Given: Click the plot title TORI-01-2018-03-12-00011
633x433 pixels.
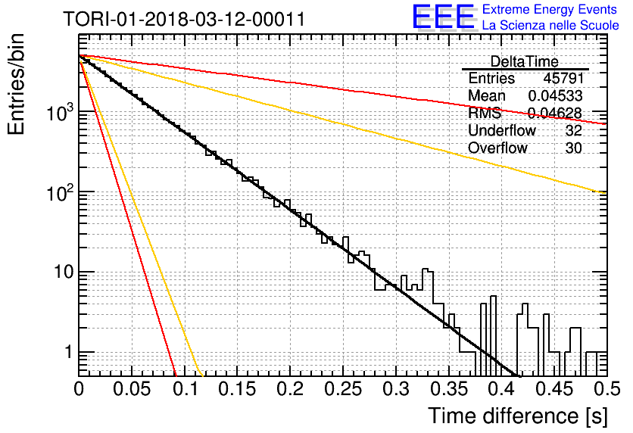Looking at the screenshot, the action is click(x=184, y=19).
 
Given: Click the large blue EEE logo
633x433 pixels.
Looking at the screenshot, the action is click(x=443, y=17).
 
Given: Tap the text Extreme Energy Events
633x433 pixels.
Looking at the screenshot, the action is click(x=550, y=9).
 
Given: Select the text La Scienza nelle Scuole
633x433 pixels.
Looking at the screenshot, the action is click(x=550, y=25).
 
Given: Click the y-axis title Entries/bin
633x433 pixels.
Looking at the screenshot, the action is click(x=17, y=84).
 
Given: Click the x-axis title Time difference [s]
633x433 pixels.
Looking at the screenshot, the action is click(x=518, y=416).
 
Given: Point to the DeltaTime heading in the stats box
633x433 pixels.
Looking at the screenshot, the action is click(x=524, y=61).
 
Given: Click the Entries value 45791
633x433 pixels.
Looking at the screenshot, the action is click(x=563, y=78).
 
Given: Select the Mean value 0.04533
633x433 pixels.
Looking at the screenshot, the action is click(x=555, y=95).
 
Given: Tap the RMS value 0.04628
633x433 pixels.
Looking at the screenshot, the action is click(x=555, y=113).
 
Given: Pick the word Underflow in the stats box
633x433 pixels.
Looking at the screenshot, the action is click(x=502, y=130).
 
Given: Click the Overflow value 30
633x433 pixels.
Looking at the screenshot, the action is click(x=573, y=148).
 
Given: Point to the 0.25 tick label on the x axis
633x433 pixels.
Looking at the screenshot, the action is click(x=343, y=389).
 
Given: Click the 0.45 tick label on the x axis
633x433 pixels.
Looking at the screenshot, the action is click(x=554, y=389).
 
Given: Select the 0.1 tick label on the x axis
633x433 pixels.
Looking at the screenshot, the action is click(x=186, y=389).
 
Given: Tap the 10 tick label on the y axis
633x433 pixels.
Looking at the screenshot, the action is click(x=64, y=272).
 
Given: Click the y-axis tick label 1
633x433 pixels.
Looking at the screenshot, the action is click(x=68, y=352).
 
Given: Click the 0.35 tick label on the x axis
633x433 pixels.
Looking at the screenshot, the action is click(x=449, y=389).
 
